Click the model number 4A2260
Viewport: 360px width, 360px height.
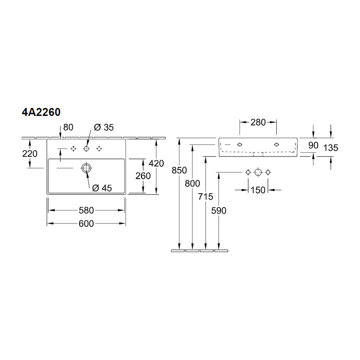[x=41, y=112]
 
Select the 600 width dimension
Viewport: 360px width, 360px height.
[x=86, y=224]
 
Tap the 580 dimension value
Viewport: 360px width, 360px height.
[x=86, y=210]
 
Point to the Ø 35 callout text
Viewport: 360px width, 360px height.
[x=104, y=127]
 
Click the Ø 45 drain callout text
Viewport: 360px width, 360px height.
[x=102, y=188]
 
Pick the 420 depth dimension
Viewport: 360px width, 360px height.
[x=156, y=163]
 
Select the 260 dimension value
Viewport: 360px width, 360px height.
[x=143, y=176]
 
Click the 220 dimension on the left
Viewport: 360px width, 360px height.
[x=30, y=154]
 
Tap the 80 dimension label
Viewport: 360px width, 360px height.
[x=68, y=127]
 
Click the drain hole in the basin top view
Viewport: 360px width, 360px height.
[x=86, y=168]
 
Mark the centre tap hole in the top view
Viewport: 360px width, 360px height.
[x=86, y=149]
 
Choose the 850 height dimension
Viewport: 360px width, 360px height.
[x=179, y=171]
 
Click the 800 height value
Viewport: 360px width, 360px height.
[x=192, y=184]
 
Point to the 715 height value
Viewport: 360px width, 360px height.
[x=205, y=197]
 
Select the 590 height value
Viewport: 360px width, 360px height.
[x=219, y=211]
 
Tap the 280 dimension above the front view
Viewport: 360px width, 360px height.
[x=258, y=122]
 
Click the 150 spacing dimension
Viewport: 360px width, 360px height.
[x=258, y=190]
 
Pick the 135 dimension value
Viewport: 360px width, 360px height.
[x=331, y=148]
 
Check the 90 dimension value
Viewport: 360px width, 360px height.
[x=313, y=145]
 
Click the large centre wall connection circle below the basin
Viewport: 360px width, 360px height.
[x=258, y=172]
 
